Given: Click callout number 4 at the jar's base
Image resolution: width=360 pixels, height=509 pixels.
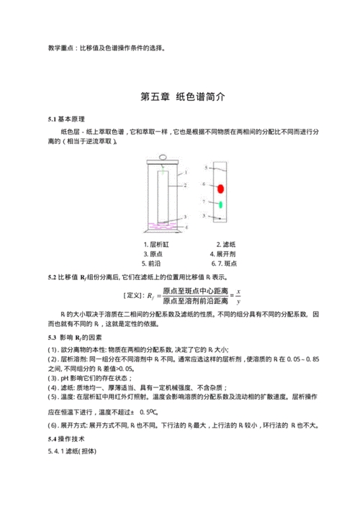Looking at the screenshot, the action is click(188, 228).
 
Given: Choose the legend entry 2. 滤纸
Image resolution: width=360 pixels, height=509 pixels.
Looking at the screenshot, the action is click(228, 244).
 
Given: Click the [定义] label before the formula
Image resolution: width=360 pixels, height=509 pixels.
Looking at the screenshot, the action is click(133, 295).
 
